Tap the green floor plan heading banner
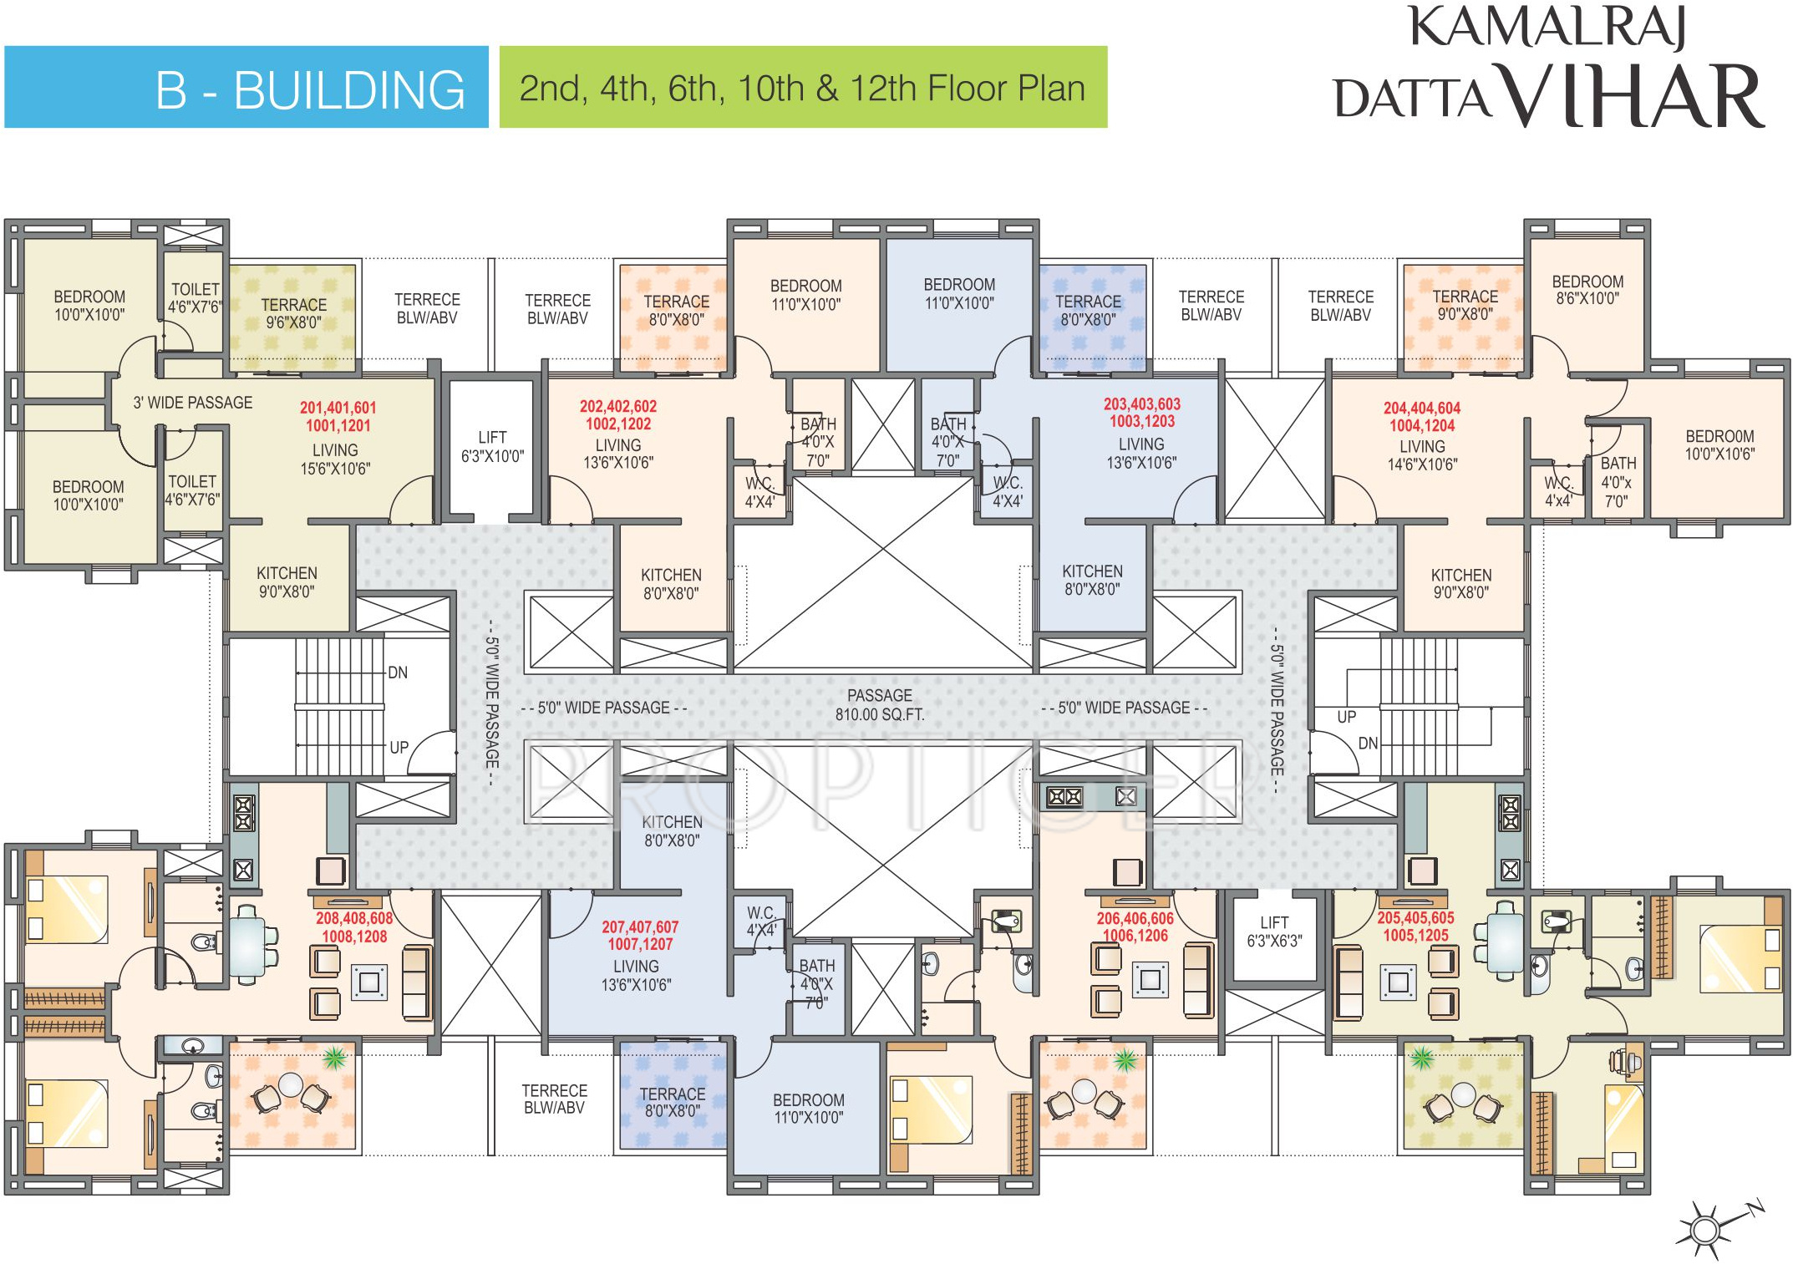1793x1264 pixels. (x=802, y=88)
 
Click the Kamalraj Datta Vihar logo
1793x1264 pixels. (x=1548, y=67)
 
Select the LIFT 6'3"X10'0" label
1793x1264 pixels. (x=492, y=447)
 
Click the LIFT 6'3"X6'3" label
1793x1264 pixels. (x=1274, y=932)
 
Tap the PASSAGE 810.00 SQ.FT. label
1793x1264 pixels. (x=880, y=704)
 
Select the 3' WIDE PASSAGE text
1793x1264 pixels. (x=192, y=403)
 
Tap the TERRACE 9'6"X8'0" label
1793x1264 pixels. (x=293, y=313)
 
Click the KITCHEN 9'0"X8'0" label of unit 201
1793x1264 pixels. (x=287, y=582)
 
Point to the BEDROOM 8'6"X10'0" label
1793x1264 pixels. (x=1587, y=289)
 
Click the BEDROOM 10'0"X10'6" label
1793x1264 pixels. (x=1719, y=444)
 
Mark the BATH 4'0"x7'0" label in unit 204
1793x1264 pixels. (x=1618, y=482)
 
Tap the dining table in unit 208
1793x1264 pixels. (x=248, y=944)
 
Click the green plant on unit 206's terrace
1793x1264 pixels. (x=1125, y=1061)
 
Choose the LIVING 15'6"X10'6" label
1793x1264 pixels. (x=335, y=459)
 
